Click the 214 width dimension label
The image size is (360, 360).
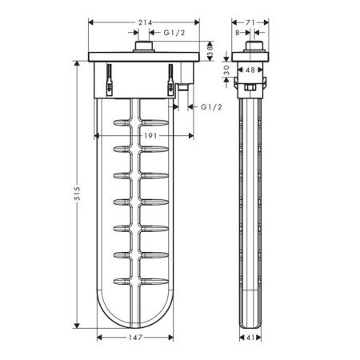(x=145, y=22)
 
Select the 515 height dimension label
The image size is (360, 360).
(x=77, y=194)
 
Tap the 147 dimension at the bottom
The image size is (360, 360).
(x=135, y=338)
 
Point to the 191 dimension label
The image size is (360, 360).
(x=150, y=136)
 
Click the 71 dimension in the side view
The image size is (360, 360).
(x=250, y=22)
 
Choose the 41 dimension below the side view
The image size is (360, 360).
(x=250, y=338)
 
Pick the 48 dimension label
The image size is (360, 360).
(x=250, y=70)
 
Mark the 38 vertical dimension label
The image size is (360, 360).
(x=210, y=51)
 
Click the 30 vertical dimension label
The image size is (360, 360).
(x=226, y=70)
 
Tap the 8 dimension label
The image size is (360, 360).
(x=238, y=33)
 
